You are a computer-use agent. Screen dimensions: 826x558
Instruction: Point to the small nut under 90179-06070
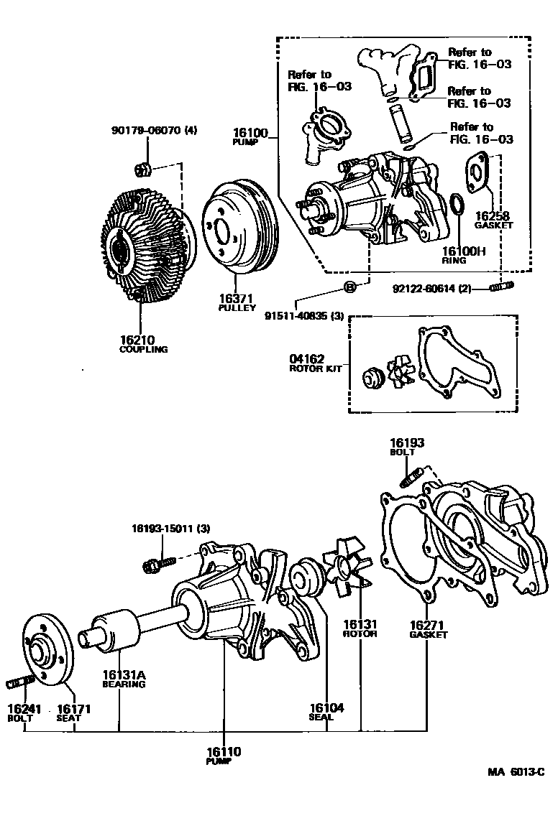point(142,170)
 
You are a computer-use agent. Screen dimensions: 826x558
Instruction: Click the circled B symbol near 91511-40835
point(349,288)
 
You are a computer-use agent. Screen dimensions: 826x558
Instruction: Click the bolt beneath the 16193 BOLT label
point(411,476)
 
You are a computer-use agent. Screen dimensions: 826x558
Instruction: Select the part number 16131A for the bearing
point(123,674)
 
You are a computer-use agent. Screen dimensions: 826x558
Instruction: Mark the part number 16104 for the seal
point(326,708)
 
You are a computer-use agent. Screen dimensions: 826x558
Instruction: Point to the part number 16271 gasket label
point(428,625)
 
